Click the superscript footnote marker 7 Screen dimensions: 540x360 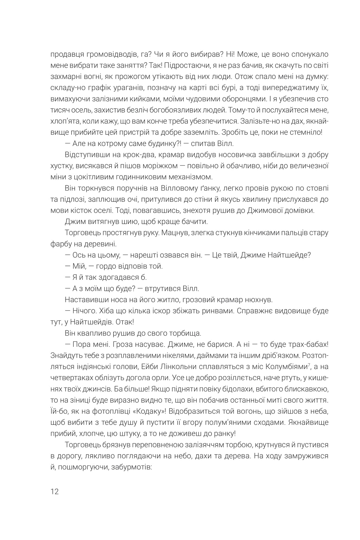(x=309, y=364)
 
